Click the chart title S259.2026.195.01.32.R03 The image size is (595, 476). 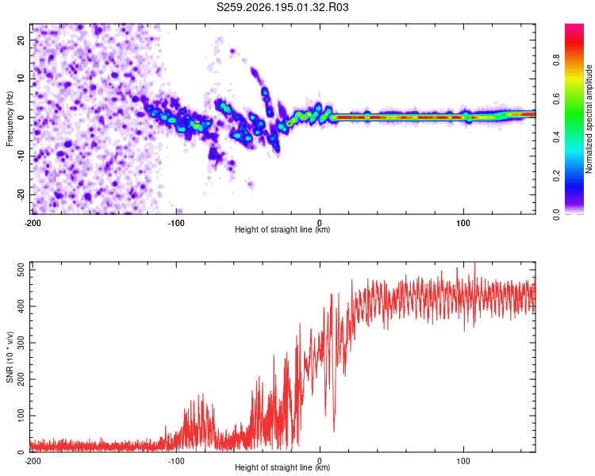(x=282, y=7)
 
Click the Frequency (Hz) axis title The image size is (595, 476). (x=10, y=119)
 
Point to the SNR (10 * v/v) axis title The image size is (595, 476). (x=10, y=357)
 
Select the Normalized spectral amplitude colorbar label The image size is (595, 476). (x=589, y=119)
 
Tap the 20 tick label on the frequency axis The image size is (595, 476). (x=21, y=40)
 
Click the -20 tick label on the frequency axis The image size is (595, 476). (x=21, y=194)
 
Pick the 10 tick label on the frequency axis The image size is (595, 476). (x=21, y=79)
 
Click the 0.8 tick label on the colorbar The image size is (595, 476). (x=556, y=60)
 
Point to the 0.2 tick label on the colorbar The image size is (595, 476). (x=556, y=176)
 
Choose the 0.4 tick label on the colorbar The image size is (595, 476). (x=556, y=137)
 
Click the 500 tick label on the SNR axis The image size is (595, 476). (x=21, y=271)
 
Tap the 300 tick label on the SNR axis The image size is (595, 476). (x=21, y=343)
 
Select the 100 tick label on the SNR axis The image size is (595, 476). (x=21, y=416)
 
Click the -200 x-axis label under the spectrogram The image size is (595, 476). (x=33, y=223)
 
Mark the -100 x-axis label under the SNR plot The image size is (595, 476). (x=176, y=461)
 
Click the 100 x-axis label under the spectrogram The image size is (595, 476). (x=463, y=223)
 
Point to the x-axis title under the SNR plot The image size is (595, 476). (x=282, y=467)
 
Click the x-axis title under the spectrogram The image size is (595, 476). (x=282, y=229)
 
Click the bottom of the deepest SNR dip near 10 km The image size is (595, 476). (x=334, y=432)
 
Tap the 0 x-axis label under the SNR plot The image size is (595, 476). (x=320, y=461)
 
